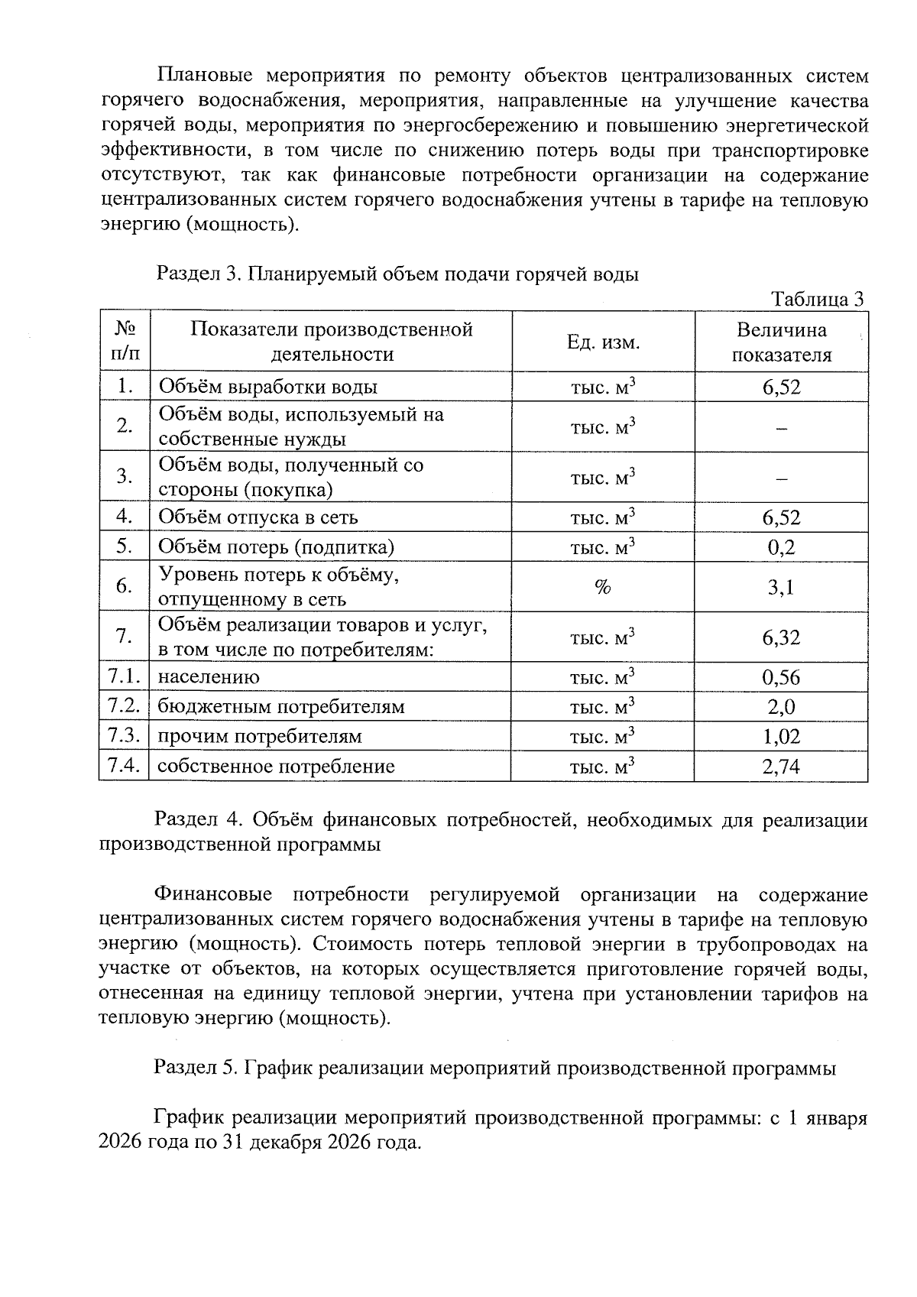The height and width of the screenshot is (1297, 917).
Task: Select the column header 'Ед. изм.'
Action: (603, 342)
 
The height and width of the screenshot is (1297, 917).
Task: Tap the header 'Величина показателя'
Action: (781, 342)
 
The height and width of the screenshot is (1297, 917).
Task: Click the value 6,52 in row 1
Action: (781, 387)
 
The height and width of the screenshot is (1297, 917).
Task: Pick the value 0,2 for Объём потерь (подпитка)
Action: (781, 547)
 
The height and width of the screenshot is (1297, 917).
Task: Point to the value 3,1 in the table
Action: (781, 588)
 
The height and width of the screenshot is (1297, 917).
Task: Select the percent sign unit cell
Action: (603, 588)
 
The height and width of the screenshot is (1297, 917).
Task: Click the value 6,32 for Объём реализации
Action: (781, 637)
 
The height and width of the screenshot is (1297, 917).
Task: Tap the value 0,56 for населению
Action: (781, 677)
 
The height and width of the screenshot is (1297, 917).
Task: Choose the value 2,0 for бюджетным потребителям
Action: (781, 707)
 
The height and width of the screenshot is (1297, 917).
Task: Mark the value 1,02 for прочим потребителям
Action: (781, 737)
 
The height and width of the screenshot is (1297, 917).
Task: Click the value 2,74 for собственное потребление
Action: (781, 767)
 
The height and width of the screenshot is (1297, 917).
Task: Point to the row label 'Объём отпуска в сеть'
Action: (258, 517)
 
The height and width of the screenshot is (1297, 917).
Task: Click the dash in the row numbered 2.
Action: (781, 430)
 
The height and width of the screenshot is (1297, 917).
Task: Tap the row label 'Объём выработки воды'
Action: (267, 387)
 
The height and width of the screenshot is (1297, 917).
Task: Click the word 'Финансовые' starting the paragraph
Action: (213, 895)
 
